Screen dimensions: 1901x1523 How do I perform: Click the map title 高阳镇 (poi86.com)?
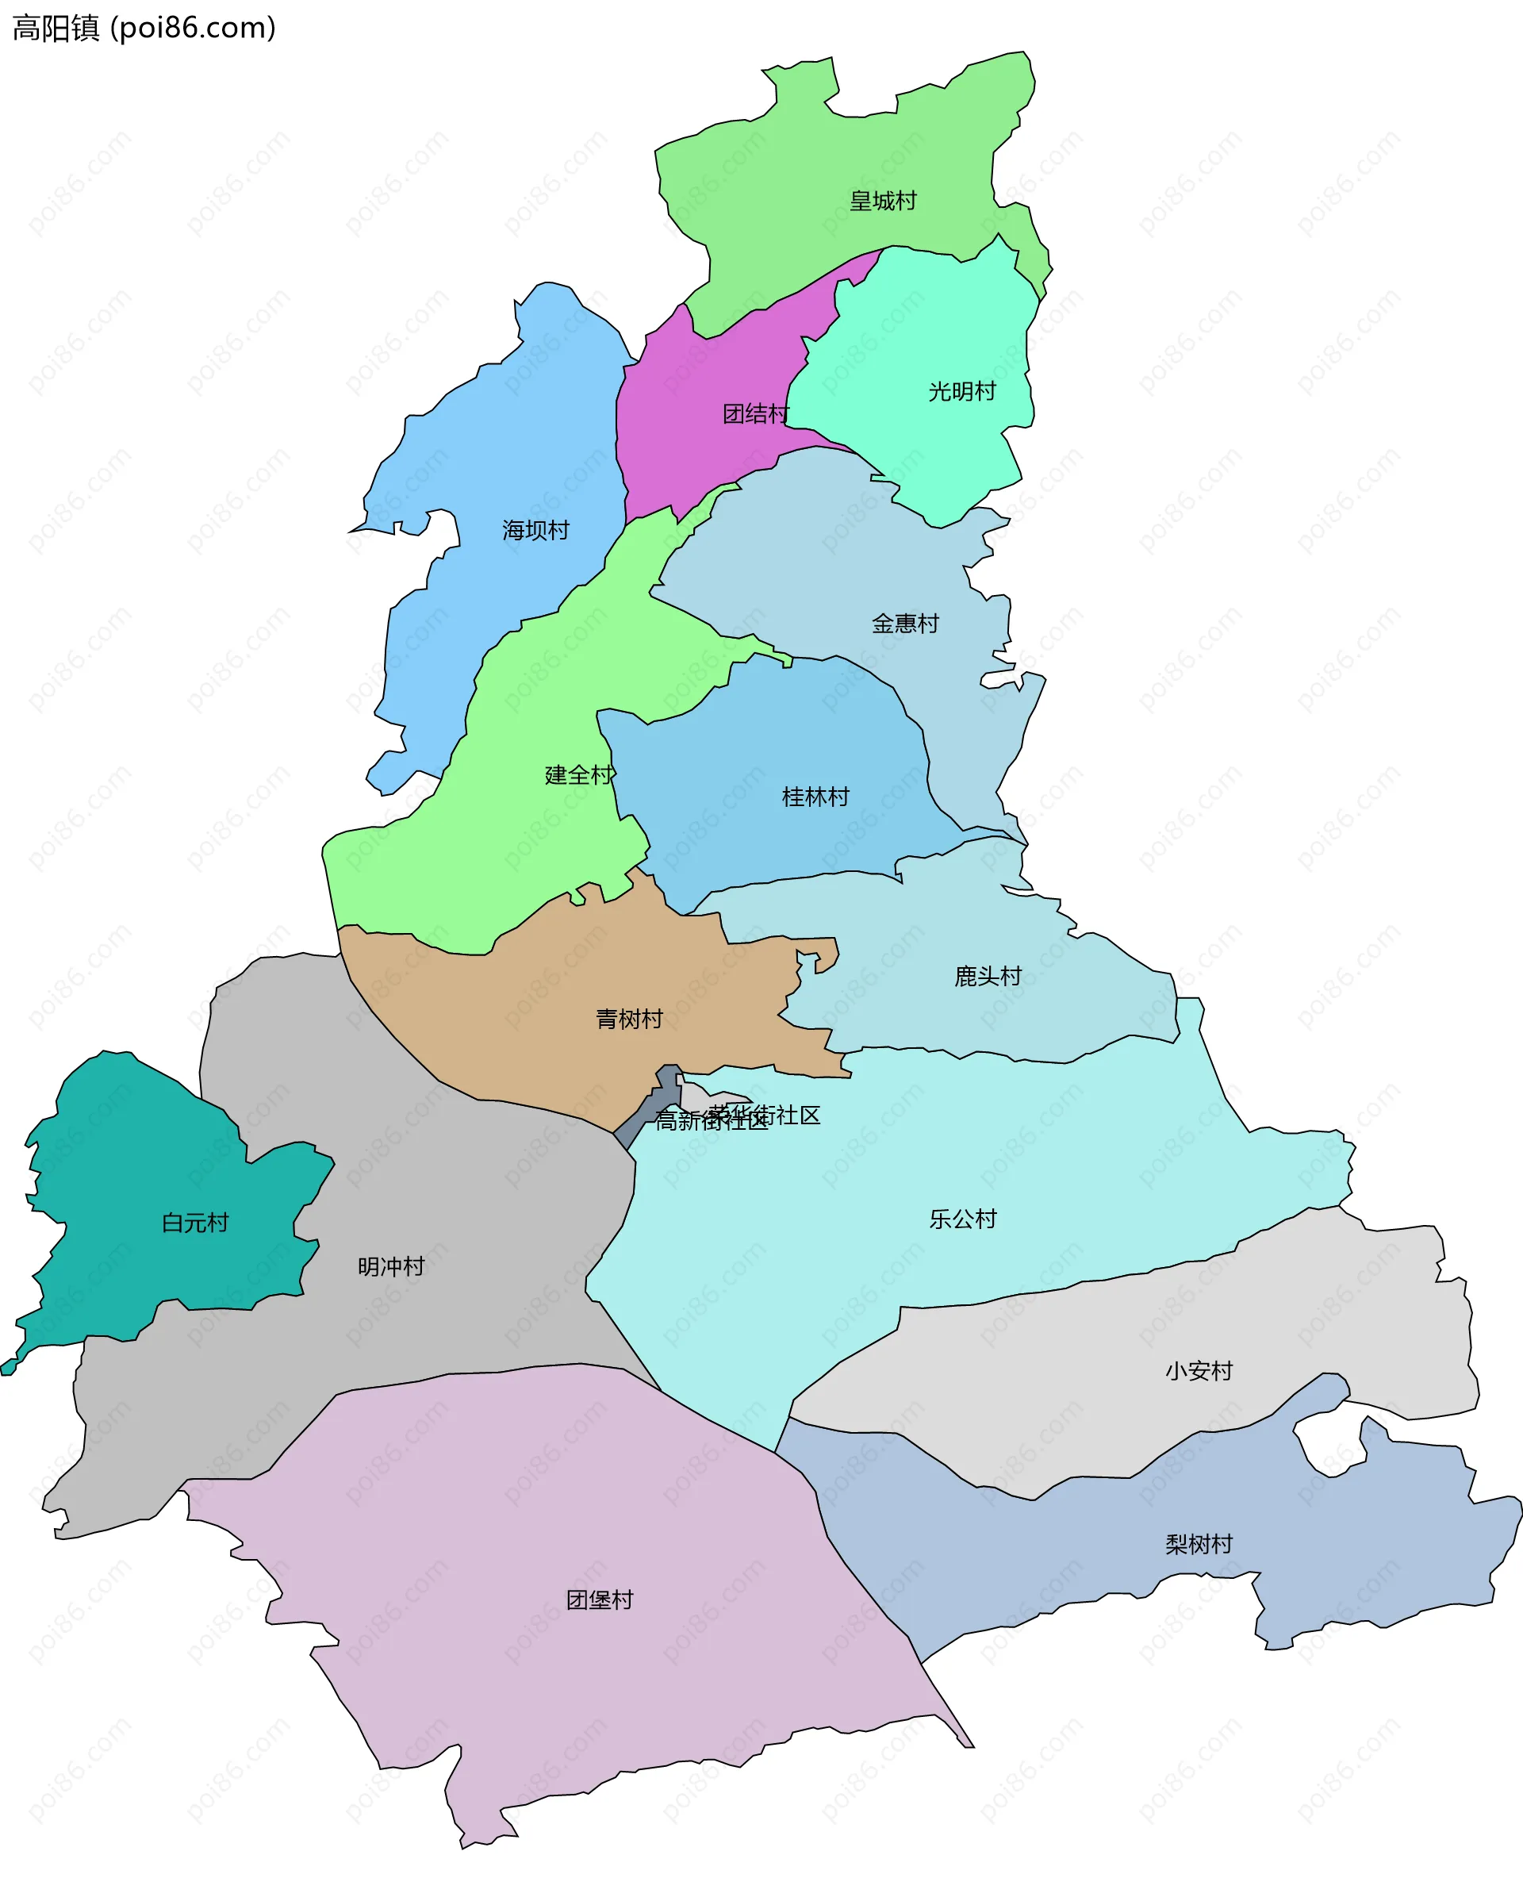144,29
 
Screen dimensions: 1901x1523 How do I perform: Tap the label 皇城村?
882,201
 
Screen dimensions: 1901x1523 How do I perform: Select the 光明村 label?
961,391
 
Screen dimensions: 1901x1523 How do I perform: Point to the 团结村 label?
755,413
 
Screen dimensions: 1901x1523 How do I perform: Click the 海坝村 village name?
536,530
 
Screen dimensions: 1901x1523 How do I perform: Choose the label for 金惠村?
905,624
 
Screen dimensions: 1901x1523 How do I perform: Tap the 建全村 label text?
579,775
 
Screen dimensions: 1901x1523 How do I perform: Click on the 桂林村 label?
815,797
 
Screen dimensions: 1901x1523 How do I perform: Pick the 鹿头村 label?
987,976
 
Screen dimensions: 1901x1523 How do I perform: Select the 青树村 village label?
629,1020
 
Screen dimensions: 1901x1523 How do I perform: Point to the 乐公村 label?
962,1219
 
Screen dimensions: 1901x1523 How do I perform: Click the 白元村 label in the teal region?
195,1223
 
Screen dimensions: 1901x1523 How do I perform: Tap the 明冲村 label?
391,1267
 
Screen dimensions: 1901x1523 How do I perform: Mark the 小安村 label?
1199,1371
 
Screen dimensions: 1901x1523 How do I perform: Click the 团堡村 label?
600,1600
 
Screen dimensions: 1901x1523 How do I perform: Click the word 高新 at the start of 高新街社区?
677,1120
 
